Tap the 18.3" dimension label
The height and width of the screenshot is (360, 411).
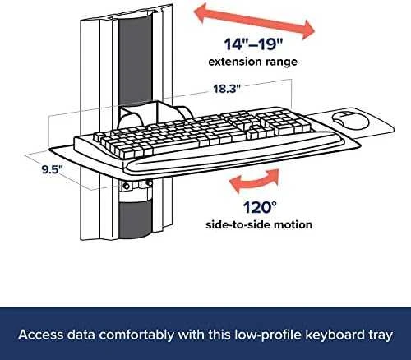pos(227,89)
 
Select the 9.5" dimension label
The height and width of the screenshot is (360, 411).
pos(52,169)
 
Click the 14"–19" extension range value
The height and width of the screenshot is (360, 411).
pos(253,44)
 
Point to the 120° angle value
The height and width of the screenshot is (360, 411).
pos(260,207)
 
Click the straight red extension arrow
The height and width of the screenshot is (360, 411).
pos(254,23)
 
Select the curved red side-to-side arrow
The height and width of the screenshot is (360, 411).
pos(254,181)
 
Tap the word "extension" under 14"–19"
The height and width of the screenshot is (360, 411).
pos(232,62)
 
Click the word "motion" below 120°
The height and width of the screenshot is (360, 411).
pos(293,224)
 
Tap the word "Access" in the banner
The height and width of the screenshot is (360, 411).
pos(41,335)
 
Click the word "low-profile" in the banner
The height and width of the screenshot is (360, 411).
pos(268,335)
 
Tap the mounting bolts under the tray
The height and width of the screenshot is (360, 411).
pos(136,185)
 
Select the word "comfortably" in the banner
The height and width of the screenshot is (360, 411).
pos(136,335)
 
